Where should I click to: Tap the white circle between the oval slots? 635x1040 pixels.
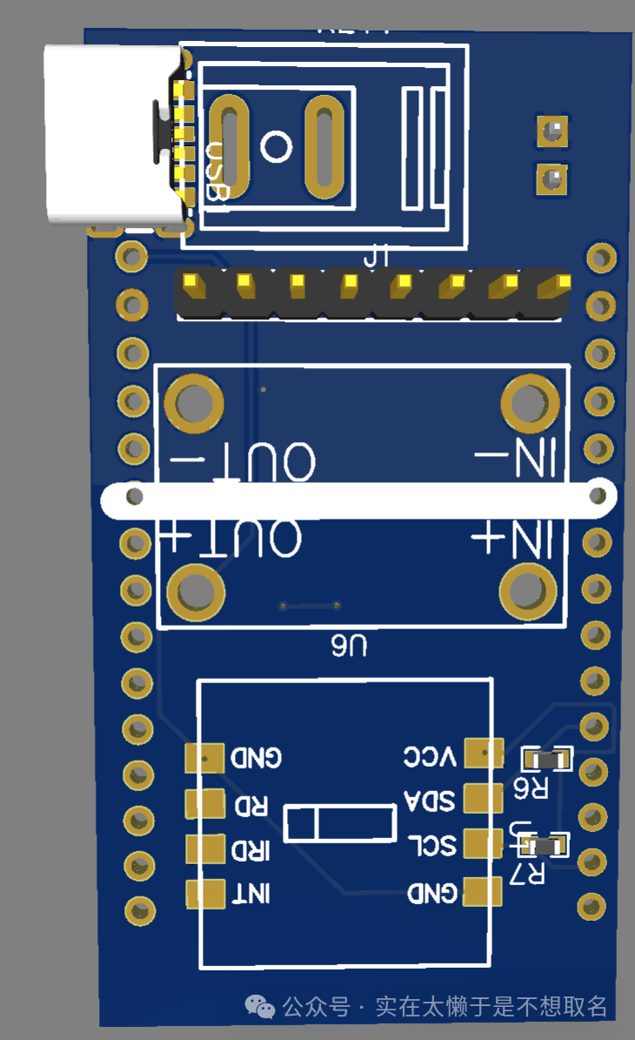[x=276, y=146]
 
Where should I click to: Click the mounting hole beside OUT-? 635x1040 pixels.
[x=194, y=403]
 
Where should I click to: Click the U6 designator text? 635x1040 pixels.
[x=348, y=646]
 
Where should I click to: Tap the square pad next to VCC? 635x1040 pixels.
[x=484, y=754]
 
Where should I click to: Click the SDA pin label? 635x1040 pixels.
[x=430, y=800]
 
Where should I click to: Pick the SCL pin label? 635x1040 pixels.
[x=431, y=845]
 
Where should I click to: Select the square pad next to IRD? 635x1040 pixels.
[x=204, y=849]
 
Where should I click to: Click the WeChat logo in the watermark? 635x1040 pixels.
[x=260, y=1007]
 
